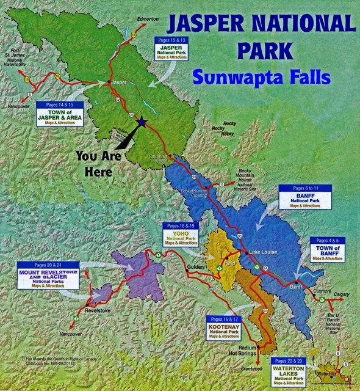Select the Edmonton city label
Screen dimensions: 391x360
tap(147, 20)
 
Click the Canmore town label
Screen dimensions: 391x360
tap(322, 291)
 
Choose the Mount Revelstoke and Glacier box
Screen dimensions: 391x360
tap(48, 276)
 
